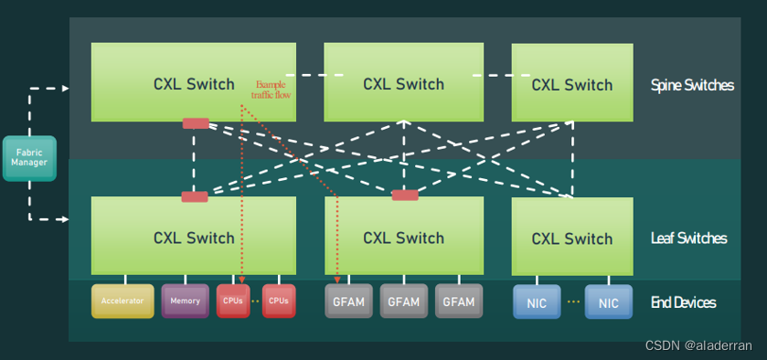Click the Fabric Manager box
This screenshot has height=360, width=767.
(x=29, y=158)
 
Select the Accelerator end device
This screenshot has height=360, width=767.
(x=123, y=301)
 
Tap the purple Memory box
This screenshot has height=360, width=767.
(x=185, y=301)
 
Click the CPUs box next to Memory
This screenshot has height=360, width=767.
(x=232, y=301)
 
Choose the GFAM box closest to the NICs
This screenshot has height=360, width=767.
(x=458, y=302)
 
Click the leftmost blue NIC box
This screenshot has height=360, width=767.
(x=536, y=302)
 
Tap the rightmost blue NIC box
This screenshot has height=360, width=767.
(x=608, y=302)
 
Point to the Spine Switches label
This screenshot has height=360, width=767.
(x=692, y=85)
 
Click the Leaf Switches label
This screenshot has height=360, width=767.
(x=688, y=238)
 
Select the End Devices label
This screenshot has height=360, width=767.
(x=683, y=302)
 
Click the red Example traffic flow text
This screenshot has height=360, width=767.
(x=272, y=89)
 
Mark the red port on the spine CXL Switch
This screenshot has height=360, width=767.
(x=196, y=123)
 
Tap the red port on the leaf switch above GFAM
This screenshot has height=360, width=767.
(x=404, y=195)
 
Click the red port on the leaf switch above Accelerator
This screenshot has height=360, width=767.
(x=195, y=196)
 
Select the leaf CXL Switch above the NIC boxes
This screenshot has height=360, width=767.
(x=571, y=238)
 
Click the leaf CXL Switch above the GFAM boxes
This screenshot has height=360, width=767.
(x=403, y=237)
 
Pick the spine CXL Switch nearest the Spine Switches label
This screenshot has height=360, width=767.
(x=571, y=83)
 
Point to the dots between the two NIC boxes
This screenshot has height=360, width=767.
(x=572, y=302)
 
